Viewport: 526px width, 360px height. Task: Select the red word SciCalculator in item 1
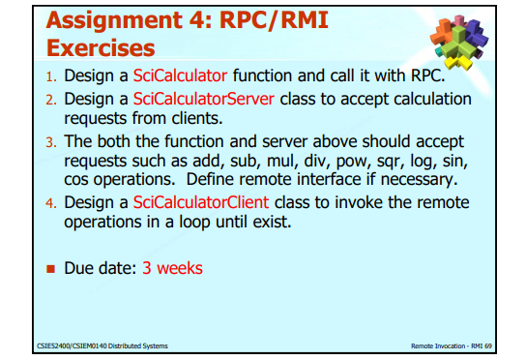coord(175,76)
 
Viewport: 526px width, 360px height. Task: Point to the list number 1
coord(52,77)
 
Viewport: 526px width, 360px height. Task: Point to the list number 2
coord(52,102)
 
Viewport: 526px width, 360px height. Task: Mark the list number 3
coord(52,142)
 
